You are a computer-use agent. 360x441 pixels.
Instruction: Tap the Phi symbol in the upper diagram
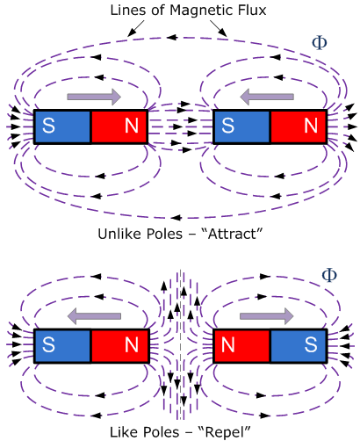[x=320, y=43]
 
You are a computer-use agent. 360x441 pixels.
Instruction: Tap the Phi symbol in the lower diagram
[x=329, y=275]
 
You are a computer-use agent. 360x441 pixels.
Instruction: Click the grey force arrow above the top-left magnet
[x=94, y=97]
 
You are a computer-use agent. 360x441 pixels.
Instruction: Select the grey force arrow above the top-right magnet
[x=267, y=97]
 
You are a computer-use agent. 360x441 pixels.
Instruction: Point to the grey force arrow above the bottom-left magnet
[x=94, y=316]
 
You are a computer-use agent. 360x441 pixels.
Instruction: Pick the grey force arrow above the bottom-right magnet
[x=267, y=316]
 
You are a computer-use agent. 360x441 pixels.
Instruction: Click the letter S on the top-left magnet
[x=48, y=126]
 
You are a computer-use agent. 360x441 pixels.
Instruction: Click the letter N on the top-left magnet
[x=132, y=126]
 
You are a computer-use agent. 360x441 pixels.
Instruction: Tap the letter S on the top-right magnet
[x=228, y=126]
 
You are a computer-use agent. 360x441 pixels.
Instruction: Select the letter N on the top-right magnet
[x=311, y=126]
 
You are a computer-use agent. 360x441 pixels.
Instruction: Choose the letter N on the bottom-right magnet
[x=228, y=344]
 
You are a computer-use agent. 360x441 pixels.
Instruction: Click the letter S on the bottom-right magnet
[x=311, y=344]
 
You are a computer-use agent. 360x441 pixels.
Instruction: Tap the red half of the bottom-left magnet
[x=120, y=346]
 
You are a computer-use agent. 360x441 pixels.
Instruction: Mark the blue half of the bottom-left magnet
[x=62, y=346]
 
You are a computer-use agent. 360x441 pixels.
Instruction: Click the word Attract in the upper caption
[x=232, y=235]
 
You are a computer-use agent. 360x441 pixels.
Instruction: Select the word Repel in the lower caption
[x=225, y=433]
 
